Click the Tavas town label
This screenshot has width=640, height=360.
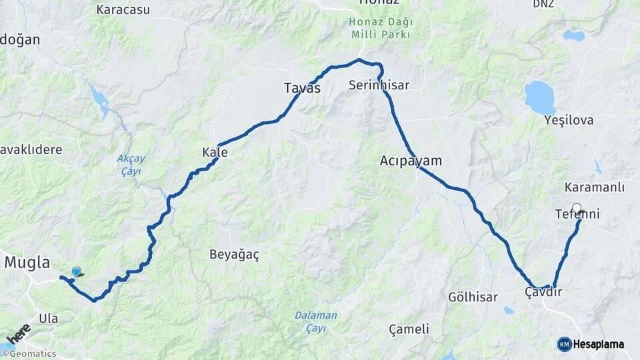302,88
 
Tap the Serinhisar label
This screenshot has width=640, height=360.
379,85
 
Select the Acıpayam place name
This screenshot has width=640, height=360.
411,161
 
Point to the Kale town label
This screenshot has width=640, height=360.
215,153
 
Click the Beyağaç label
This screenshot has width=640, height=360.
234,255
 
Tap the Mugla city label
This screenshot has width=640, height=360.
27,263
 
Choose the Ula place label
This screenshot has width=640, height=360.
48,319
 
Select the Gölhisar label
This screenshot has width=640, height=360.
470,297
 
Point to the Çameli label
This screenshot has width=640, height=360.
409,329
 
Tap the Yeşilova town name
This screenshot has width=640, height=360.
569,121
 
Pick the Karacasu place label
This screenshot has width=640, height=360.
123,10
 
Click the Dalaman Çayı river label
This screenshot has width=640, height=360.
316,321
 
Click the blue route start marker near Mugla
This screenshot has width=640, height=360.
77,271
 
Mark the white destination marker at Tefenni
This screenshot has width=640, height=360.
577,208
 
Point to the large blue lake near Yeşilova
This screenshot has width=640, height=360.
539,97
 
